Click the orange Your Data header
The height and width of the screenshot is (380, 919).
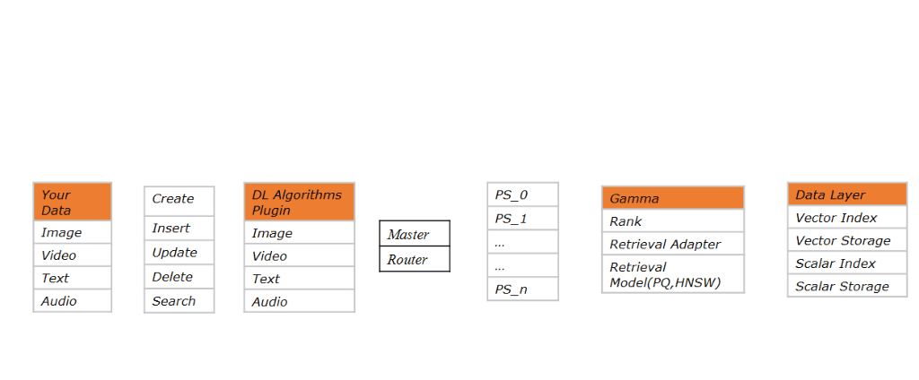(x=72, y=202)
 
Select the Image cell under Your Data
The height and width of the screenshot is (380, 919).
(x=72, y=233)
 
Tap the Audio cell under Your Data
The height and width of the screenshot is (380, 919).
(x=72, y=301)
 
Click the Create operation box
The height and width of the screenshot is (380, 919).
(x=179, y=200)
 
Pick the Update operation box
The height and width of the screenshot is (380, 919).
(x=179, y=253)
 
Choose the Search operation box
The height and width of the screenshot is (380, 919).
(x=179, y=301)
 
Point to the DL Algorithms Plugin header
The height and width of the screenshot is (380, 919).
(x=299, y=203)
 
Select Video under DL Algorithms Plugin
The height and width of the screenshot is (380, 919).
(x=299, y=256)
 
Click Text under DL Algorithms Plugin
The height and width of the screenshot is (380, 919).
(x=299, y=279)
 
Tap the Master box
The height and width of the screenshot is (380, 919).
(x=414, y=234)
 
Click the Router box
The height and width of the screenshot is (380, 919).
(x=414, y=260)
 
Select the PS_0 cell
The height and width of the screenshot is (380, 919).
(x=522, y=194)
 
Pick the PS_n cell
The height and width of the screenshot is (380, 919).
(x=522, y=289)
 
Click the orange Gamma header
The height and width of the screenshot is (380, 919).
(x=672, y=198)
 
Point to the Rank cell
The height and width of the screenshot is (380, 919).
(x=672, y=221)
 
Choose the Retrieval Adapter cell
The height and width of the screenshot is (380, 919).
(x=672, y=244)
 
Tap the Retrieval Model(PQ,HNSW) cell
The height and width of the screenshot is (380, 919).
(x=672, y=274)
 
